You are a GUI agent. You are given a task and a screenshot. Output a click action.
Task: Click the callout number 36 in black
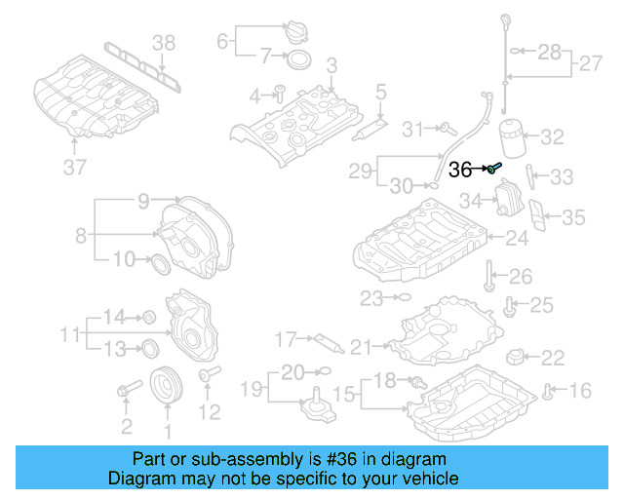tap(460, 169)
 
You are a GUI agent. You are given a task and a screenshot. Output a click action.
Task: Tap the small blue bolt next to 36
tap(493, 168)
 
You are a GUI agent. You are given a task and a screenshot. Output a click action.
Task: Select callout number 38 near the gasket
tap(164, 42)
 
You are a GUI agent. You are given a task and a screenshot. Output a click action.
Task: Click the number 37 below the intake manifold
tap(75, 167)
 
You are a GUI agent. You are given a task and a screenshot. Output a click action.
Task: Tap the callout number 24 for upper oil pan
tap(517, 237)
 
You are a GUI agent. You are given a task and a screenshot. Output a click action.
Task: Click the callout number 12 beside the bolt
tap(210, 412)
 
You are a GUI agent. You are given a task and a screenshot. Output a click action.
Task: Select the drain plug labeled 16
tap(549, 392)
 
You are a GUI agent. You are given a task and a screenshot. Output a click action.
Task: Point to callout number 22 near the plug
tap(553, 357)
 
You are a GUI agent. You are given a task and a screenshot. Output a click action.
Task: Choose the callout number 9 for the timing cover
tap(142, 202)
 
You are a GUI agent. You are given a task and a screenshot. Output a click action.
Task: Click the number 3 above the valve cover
tap(331, 64)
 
